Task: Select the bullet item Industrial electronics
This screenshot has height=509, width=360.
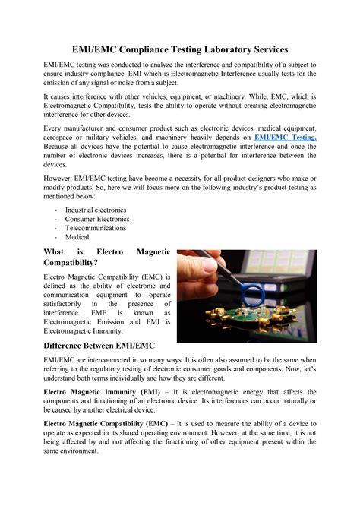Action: (x=96, y=209)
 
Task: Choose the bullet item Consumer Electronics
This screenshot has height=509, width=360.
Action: (x=97, y=218)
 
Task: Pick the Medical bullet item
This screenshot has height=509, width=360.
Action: (x=77, y=236)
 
